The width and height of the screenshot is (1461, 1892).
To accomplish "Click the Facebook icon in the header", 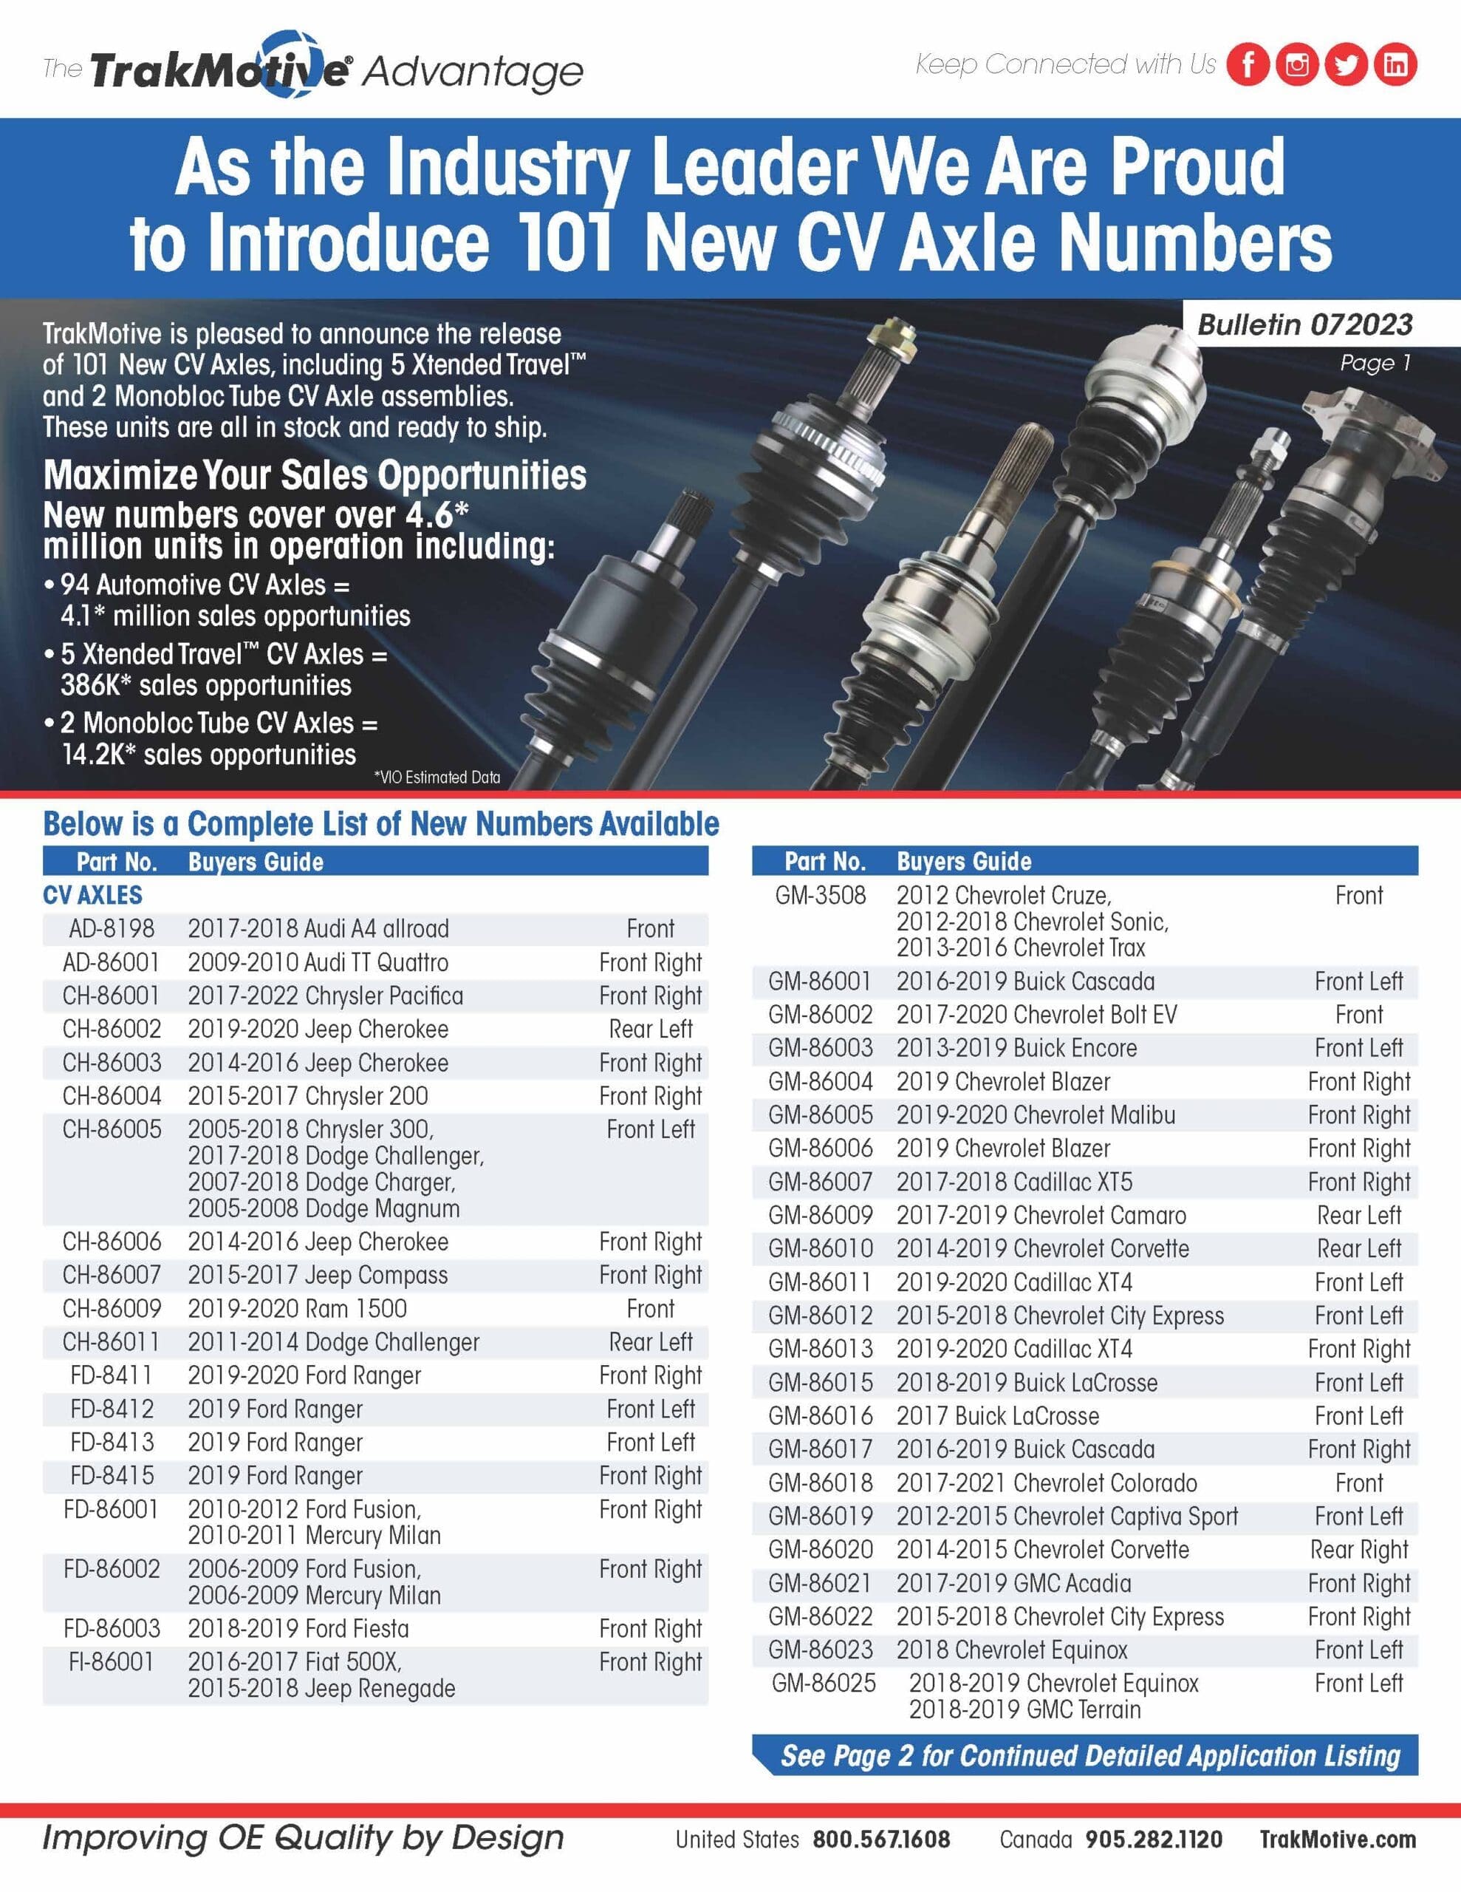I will [1248, 65].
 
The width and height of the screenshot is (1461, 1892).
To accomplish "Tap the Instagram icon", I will [1296, 65].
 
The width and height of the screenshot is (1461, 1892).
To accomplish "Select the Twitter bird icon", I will [1346, 65].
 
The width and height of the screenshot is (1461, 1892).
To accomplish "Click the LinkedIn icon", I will [1395, 65].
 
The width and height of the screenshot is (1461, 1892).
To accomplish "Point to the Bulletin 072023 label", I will [1304, 325].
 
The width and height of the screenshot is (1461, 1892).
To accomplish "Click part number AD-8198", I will [112, 929].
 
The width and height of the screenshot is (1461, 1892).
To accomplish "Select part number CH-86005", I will [112, 1129].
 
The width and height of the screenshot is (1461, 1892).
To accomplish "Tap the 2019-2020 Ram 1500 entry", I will [297, 1308].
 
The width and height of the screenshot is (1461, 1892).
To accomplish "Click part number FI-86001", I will [112, 1661].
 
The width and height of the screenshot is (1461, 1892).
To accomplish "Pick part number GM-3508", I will [820, 896].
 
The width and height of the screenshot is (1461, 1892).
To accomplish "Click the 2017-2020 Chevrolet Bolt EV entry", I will [1036, 1015].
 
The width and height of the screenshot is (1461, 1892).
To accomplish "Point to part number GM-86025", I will [824, 1684].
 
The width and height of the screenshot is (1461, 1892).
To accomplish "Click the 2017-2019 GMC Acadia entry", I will [1013, 1583].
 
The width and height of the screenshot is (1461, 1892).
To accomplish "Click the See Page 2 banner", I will [1089, 1756].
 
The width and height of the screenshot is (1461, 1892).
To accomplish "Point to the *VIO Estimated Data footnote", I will [437, 777].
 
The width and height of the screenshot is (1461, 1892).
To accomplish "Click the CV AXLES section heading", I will [92, 895].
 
